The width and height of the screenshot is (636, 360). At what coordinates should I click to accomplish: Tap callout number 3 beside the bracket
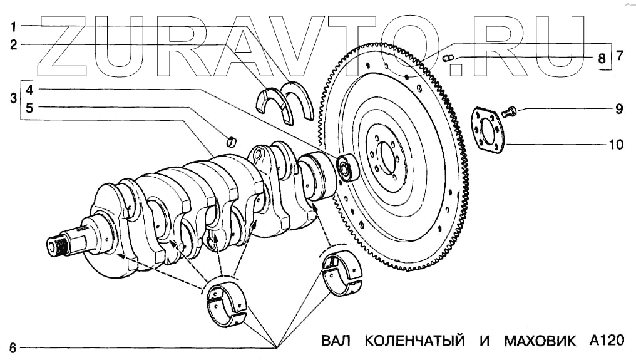13,98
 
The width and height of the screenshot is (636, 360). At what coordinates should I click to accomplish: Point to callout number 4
30,89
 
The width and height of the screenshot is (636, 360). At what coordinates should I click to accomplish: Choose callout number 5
30,107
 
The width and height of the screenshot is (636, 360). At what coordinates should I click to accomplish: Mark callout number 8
602,59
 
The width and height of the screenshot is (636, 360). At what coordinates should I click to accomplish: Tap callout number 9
618,110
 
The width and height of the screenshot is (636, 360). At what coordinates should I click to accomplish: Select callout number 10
616,145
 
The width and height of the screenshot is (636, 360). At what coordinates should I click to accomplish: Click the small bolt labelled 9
509,112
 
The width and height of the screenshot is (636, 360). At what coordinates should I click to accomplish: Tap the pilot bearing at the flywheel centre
346,167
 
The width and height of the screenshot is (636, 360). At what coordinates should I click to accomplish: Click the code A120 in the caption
607,341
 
